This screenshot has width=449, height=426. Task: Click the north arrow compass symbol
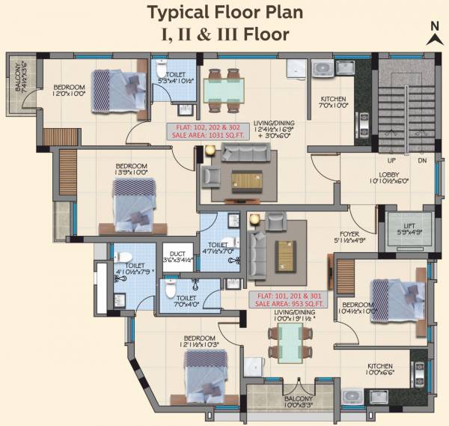(433, 34)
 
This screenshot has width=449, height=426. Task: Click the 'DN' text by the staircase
(422, 161)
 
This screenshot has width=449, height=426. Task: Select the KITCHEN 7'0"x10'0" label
(333, 102)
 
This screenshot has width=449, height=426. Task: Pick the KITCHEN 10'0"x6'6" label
(379, 369)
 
